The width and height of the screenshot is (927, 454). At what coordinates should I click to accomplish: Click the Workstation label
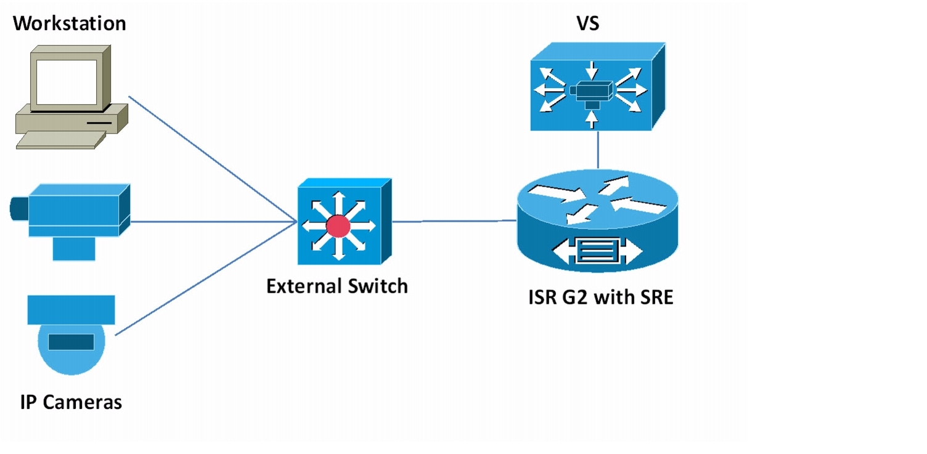coord(69,23)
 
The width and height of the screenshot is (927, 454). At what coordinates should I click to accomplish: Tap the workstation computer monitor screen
coord(66,82)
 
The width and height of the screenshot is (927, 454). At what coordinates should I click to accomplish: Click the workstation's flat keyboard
coord(57,139)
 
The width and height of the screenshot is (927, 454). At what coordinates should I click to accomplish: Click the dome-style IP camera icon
coord(71,333)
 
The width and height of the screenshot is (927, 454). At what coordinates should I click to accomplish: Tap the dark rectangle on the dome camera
coord(71,341)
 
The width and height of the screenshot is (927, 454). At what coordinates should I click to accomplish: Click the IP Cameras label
coord(71,402)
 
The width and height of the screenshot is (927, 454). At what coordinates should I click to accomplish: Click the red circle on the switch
coord(338,227)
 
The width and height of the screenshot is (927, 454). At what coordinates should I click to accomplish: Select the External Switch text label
coord(337,286)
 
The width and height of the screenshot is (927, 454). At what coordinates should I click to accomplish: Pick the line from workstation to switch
coord(210,158)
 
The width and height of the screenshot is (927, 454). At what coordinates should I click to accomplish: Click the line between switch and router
coord(453,221)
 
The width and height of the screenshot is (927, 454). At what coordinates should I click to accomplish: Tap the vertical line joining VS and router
coord(597,150)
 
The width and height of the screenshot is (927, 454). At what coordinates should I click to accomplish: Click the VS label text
coord(587,23)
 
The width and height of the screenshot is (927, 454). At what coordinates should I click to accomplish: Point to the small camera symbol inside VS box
coord(592,91)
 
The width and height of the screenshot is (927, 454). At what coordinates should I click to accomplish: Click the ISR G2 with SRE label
coord(601,298)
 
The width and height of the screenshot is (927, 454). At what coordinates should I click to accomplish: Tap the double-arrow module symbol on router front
coord(597,252)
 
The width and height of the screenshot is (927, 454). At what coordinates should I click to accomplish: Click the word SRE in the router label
coord(656,298)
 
